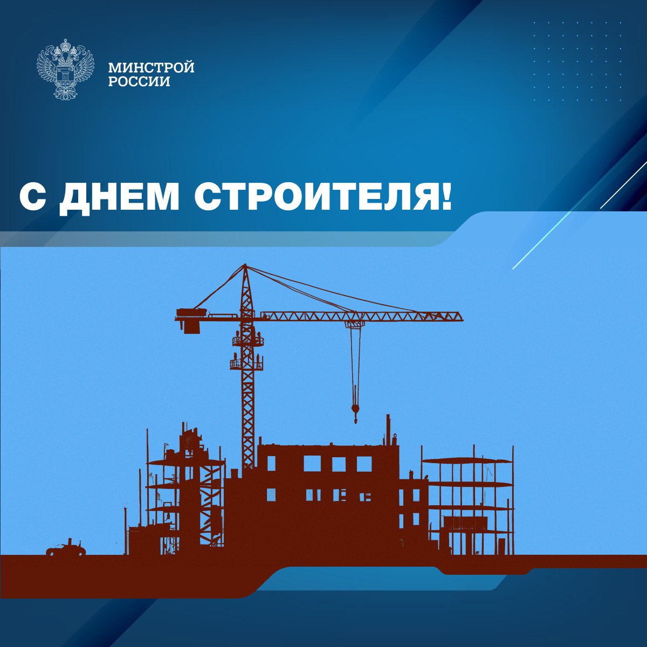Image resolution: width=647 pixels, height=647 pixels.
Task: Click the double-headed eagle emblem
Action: click(65, 69)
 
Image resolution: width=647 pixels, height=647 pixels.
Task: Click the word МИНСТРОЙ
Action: click(151, 67)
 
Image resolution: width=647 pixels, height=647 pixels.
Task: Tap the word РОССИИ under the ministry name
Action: click(139, 81)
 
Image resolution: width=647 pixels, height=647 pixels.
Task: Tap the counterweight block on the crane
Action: click(192, 326)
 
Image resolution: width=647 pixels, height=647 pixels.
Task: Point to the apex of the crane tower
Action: click(245, 265)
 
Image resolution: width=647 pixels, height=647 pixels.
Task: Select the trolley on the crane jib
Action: click(355, 325)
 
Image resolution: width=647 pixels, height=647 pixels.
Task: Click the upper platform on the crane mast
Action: click(248, 341)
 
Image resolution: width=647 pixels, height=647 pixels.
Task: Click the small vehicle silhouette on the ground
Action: click(66, 549)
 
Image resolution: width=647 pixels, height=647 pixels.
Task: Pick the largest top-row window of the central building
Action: click(312, 464)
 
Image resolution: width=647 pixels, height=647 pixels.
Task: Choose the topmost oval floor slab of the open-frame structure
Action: click(467, 461)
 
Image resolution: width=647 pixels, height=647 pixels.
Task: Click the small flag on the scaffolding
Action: click(166, 446)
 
